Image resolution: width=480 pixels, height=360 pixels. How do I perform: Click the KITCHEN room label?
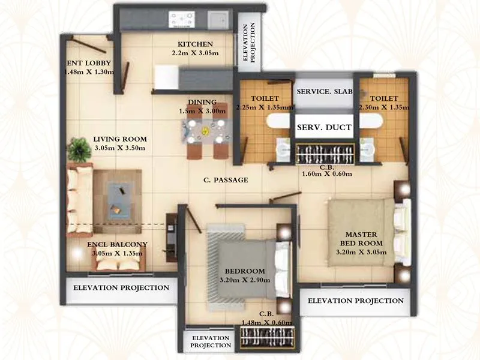195,44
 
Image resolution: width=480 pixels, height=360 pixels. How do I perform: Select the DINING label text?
202,103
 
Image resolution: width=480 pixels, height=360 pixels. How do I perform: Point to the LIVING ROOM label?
119,139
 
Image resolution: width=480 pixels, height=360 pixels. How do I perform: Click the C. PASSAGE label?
225,180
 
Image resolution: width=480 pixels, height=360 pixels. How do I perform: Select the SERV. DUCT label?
324,127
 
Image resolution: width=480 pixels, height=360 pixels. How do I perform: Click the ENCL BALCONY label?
117,244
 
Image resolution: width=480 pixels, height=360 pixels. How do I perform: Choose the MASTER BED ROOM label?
361,238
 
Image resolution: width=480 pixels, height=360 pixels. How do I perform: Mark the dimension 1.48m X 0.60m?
267,322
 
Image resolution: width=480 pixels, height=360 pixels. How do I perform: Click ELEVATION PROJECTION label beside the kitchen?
248,43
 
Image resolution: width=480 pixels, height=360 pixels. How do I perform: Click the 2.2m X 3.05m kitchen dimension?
195,53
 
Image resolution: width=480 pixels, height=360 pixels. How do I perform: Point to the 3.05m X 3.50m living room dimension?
119,148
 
